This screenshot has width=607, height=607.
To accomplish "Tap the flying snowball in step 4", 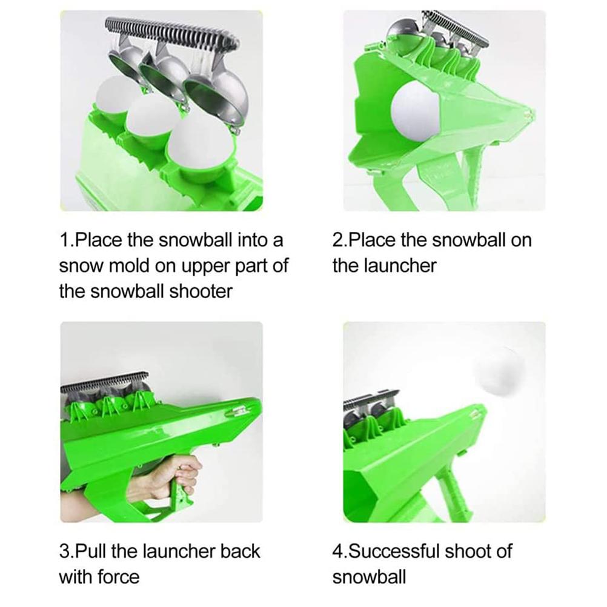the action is click(x=499, y=371).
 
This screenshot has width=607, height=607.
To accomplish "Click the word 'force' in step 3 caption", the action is click(x=119, y=577).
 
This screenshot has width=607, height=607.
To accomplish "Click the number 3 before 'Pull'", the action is click(x=64, y=551).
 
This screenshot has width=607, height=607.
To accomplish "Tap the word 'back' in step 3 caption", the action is click(x=240, y=551).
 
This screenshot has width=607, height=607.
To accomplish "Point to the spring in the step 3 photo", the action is click(x=105, y=381).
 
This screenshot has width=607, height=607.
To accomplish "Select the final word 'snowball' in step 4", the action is click(x=369, y=577).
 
